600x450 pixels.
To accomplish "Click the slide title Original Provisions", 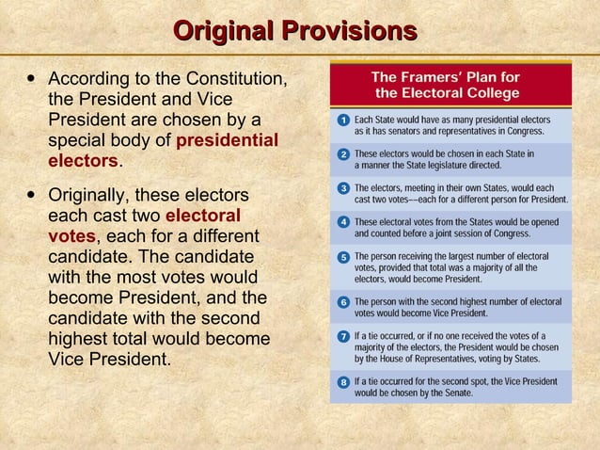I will click(x=295, y=31).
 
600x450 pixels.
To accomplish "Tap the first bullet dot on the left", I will click(x=33, y=77).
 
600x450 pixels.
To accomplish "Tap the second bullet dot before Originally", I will click(x=33, y=196).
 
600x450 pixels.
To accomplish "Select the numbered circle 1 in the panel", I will click(x=344, y=121).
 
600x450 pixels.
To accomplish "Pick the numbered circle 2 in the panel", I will click(x=344, y=153).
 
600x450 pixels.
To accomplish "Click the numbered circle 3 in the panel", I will click(x=344, y=188).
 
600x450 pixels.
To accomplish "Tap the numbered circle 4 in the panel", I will click(x=344, y=222).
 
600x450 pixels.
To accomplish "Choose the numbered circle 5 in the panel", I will click(x=344, y=257).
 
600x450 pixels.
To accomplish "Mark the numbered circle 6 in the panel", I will click(x=344, y=302).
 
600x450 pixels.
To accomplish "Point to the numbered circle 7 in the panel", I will click(x=344, y=336).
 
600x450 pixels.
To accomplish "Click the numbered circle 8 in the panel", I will click(x=344, y=381).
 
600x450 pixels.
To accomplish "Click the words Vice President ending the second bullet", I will click(x=109, y=359).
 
